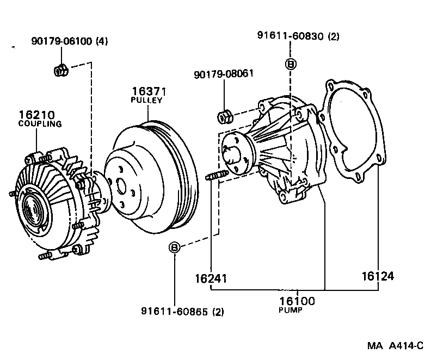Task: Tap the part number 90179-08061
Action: coord(224,73)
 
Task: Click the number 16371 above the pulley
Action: coord(147,91)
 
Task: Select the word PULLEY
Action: coord(146,101)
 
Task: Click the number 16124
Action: coord(377,276)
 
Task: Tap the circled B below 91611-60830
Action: coord(291,64)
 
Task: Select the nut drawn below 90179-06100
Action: coord(61,70)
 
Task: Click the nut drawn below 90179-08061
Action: coord(223,116)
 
